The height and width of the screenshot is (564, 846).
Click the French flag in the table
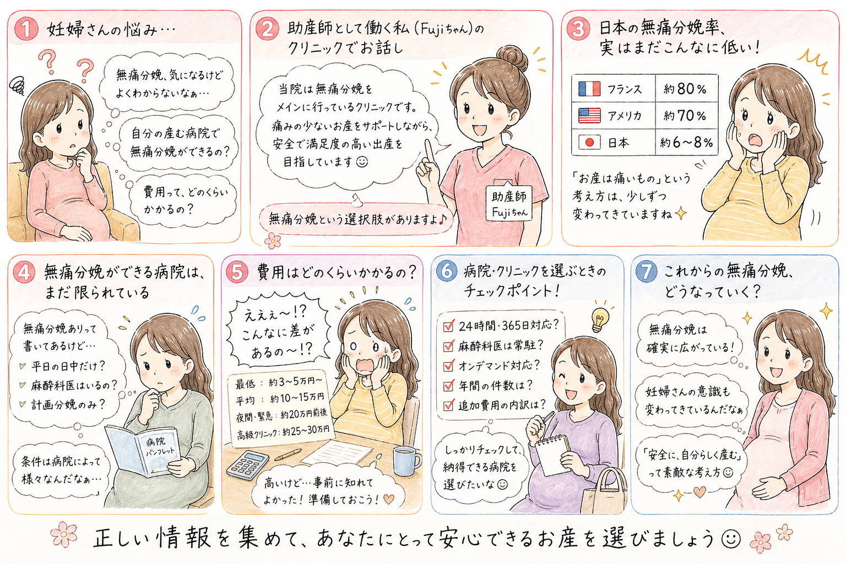tap(589, 89)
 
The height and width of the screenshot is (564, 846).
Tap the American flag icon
tap(589, 115)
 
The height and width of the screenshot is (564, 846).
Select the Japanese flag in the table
tap(589, 143)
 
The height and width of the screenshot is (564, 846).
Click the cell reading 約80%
tap(686, 89)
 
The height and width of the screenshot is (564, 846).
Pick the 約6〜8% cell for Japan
tap(686, 143)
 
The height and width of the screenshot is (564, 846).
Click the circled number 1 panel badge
tap(26, 30)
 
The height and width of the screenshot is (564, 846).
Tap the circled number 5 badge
tap(237, 273)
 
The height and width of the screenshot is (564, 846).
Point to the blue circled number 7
tap(647, 272)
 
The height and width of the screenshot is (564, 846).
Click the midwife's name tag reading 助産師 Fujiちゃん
tap(509, 203)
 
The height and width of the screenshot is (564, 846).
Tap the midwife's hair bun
tap(512, 57)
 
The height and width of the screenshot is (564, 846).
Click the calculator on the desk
tap(247, 465)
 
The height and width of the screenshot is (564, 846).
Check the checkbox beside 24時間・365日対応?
tap(448, 326)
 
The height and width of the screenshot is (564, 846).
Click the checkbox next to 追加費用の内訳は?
tap(448, 405)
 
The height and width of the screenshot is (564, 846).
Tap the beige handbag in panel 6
tap(603, 491)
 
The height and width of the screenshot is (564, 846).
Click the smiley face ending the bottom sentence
tap(731, 539)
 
